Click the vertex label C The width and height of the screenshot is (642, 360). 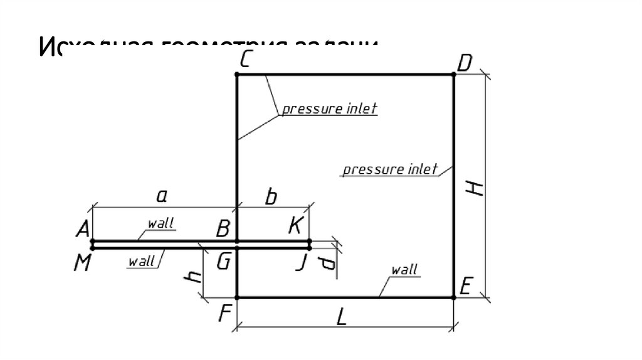(246, 61)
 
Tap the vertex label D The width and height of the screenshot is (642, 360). (465, 63)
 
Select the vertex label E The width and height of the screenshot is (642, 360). (465, 287)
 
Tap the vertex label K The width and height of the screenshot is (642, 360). (295, 226)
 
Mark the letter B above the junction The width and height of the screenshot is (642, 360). (223, 229)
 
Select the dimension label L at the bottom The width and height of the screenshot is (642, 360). (341, 318)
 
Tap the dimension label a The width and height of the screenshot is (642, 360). (161, 197)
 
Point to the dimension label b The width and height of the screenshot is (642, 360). (270, 198)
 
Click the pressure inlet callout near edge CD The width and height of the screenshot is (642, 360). (329, 109)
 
